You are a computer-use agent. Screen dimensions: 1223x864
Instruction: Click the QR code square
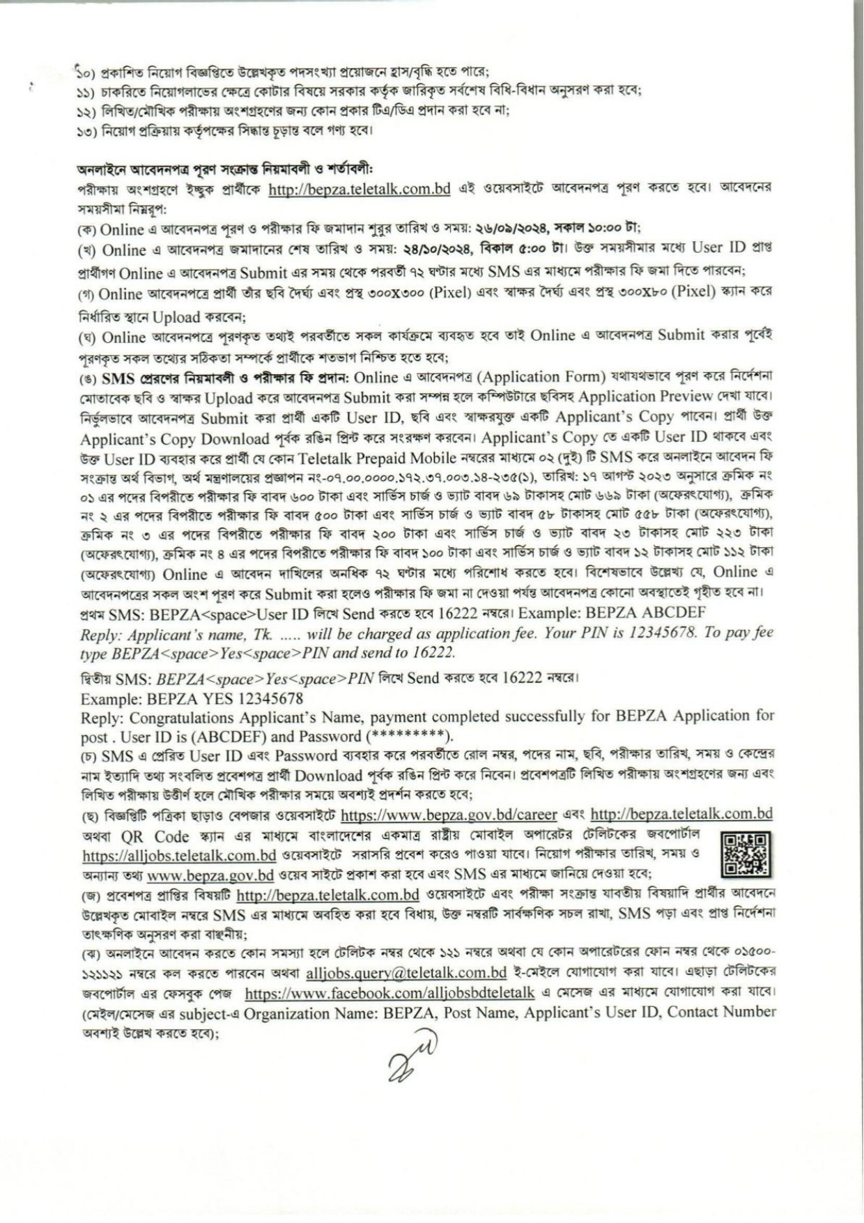pos(746,854)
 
